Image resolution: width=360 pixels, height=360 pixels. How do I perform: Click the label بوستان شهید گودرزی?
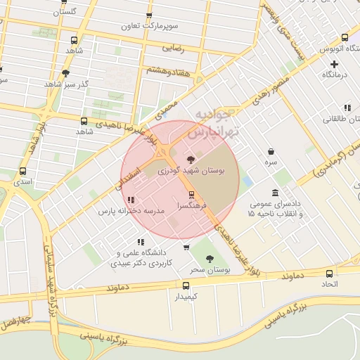[x=193, y=170]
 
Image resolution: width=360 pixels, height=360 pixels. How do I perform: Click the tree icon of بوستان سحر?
[x=209, y=259]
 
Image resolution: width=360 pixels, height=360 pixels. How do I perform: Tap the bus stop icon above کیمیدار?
[x=186, y=285]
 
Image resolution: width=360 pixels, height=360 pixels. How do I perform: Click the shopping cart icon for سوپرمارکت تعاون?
[x=149, y=16]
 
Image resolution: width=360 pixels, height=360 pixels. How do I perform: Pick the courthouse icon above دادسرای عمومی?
[x=274, y=193]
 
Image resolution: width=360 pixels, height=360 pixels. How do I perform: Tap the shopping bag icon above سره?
[x=271, y=151]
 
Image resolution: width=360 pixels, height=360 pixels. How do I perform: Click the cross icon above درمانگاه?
[x=334, y=64]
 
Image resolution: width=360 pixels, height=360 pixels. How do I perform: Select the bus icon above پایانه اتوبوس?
[x=345, y=38]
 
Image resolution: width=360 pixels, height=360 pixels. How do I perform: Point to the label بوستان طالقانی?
[x=340, y=119]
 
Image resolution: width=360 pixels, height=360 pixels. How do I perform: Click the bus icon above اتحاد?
[x=330, y=274]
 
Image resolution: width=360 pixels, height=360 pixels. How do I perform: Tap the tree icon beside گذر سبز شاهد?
[x=65, y=73]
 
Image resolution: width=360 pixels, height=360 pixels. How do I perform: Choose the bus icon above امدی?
[x=23, y=171]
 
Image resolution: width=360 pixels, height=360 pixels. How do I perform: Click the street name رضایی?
[x=173, y=49]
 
